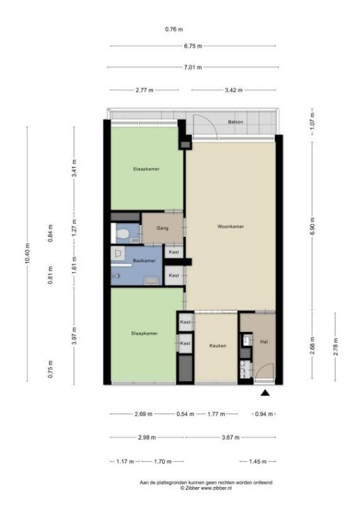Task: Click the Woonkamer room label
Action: coord(231,226)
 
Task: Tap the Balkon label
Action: coord(235,122)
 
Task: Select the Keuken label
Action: coord(218,346)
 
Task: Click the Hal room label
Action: coord(264,342)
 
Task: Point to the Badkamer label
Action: coord(144,261)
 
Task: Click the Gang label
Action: coord(162,228)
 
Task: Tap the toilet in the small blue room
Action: coord(122,234)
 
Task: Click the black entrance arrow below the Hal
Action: coord(266,393)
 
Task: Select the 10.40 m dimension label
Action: coord(27,254)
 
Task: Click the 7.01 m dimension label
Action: coord(193,67)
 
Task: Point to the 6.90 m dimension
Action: coord(313,226)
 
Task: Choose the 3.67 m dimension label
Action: coord(230,437)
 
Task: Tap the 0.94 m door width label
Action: coord(264,415)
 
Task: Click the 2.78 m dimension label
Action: coord(335,347)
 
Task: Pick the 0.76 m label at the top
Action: coord(174,29)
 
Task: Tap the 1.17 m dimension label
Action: coord(125,462)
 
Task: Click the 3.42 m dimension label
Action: coord(234,90)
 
